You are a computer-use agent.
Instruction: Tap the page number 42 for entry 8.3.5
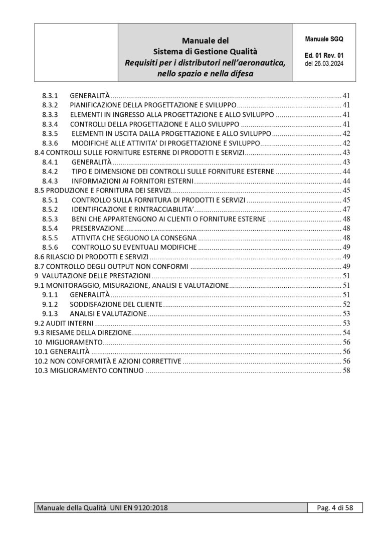tap(346, 133)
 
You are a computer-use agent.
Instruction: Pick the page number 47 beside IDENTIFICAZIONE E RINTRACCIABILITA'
tap(346, 209)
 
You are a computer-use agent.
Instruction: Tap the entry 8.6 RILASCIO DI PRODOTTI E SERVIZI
tap(91, 257)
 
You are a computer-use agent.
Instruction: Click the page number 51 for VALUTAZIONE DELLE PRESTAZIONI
tap(346, 276)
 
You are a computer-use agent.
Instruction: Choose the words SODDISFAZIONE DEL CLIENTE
tap(117, 304)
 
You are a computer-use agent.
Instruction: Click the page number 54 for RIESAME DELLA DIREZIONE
tap(346, 333)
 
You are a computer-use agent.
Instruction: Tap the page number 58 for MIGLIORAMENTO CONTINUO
tap(346, 371)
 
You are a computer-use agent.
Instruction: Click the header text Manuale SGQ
tap(324, 38)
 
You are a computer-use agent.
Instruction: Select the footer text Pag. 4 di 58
tap(335, 508)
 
